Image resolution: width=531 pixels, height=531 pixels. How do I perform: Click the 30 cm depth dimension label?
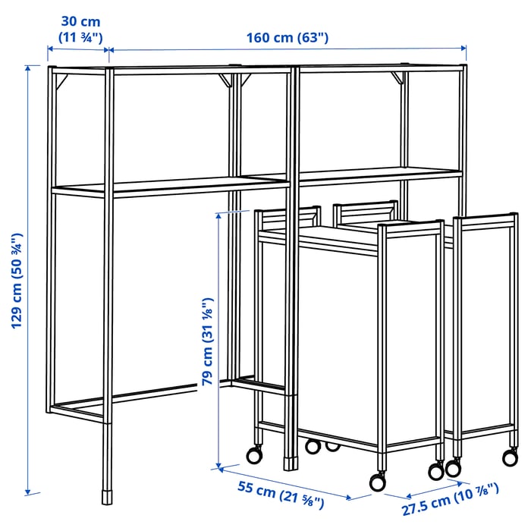[80, 29]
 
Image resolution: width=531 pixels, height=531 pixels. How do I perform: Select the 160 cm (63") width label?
[287, 38]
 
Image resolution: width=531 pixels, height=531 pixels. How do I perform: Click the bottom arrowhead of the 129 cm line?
[29, 492]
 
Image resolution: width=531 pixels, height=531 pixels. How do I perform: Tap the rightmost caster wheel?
[509, 457]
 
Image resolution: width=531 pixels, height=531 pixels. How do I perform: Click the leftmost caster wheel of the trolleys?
[253, 454]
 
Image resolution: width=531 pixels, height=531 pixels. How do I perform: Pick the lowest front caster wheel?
[376, 482]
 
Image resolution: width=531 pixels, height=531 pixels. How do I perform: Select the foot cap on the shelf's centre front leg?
[289, 460]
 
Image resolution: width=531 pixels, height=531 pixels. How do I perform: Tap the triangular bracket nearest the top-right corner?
[397, 77]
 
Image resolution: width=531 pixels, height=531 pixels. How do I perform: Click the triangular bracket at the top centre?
[226, 80]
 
